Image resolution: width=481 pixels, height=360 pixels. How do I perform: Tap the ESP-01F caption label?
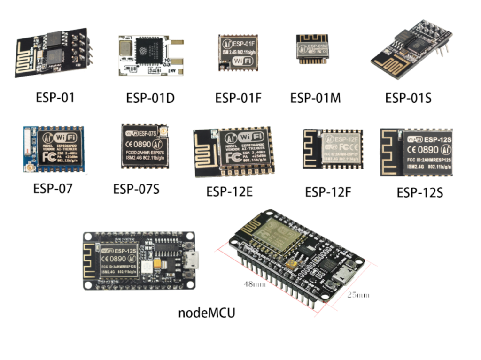[238, 99]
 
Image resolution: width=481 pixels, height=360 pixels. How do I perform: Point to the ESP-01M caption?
[315, 98]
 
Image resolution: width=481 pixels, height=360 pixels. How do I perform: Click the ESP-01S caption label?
[408, 98]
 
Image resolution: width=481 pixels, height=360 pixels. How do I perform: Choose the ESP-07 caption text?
[53, 189]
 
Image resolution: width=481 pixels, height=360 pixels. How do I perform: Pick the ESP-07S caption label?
[136, 190]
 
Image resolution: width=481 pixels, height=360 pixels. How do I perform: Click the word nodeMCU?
[207, 313]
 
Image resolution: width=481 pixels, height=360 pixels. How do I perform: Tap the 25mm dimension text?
[358, 295]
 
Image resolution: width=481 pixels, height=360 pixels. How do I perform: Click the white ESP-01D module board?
[150, 55]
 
